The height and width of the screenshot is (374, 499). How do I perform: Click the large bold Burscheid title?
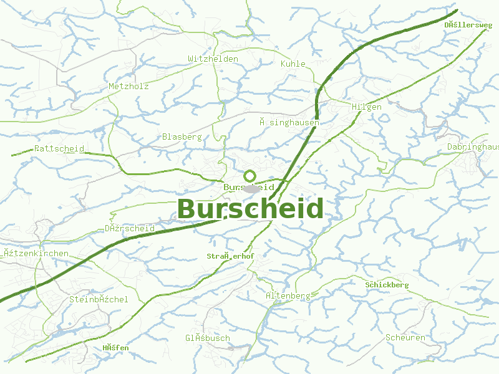coord(251,209)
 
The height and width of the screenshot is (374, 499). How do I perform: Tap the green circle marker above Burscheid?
coord(250,176)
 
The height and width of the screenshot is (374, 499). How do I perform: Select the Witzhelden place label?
coord(213,59)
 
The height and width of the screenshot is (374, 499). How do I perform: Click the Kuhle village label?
coord(293,64)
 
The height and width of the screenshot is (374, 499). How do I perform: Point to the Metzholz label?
coord(128,87)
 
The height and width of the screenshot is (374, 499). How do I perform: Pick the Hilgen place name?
coord(367,107)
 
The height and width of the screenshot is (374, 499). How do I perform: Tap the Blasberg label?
coord(182,137)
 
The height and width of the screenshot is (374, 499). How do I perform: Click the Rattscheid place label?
coord(59,148)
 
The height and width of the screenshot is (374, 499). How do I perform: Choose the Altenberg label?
coord(288,295)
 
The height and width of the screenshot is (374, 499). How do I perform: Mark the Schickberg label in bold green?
coord(387,285)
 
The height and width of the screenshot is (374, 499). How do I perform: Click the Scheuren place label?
coord(405,337)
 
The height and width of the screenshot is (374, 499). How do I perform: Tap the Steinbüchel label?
coord(99,299)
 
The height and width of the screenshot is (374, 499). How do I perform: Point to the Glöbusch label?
coord(207,338)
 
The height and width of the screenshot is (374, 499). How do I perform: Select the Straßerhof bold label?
coord(230,256)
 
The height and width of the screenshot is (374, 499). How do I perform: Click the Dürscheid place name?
coord(130,229)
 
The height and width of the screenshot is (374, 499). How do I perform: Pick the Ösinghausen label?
coord(289,123)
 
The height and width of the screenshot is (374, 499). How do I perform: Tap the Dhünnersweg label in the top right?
coord(468,25)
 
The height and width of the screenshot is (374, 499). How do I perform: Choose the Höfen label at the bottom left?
coord(115,347)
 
